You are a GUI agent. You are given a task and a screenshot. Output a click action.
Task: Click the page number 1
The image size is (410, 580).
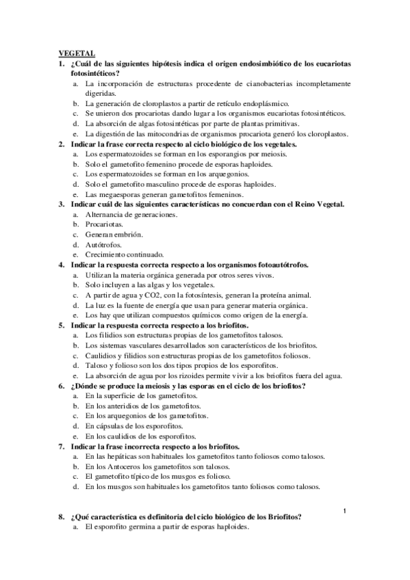(345, 510)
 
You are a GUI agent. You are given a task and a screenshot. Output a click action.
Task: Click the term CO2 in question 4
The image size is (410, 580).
(158, 295)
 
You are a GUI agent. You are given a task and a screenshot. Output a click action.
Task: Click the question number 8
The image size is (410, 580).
(61, 517)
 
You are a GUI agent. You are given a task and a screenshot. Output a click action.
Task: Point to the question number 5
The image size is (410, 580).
(61, 326)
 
